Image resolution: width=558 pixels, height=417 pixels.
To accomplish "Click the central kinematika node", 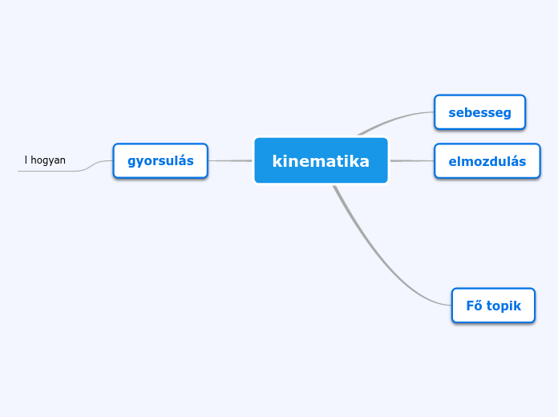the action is click(321, 160).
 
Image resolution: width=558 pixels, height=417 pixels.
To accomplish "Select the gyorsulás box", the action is click(160, 160).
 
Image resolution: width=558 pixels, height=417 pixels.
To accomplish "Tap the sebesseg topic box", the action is click(479, 112).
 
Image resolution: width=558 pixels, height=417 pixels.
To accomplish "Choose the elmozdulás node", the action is click(487, 161).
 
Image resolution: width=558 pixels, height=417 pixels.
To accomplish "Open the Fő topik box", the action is click(493, 306).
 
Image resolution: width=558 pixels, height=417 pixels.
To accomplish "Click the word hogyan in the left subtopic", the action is click(48, 160).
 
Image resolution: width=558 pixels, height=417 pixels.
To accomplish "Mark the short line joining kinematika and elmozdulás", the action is click(411, 160).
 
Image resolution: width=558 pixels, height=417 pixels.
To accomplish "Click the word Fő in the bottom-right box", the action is click(474, 306).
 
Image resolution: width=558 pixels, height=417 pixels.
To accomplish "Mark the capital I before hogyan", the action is click(26, 160).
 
